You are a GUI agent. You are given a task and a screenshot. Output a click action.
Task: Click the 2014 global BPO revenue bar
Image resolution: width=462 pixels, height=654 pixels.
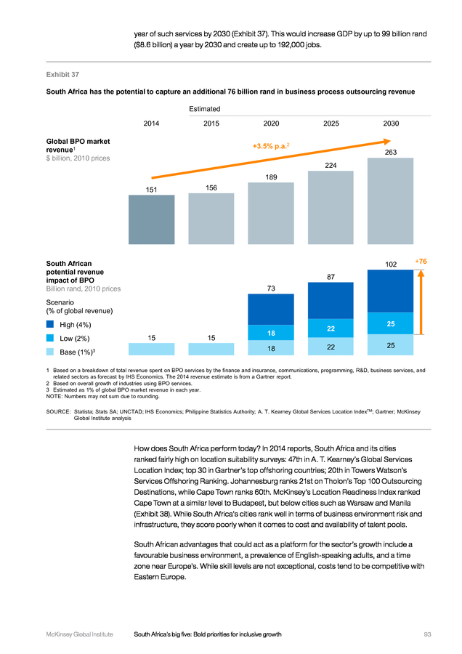coord(151,219)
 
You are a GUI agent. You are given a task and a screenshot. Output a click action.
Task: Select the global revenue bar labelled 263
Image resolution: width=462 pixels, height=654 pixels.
coord(390,201)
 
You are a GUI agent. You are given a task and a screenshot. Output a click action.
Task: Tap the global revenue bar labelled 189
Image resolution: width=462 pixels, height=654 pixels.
coord(271,213)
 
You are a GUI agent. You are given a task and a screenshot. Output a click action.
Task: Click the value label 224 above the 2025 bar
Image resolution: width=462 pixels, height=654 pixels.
coord(331,165)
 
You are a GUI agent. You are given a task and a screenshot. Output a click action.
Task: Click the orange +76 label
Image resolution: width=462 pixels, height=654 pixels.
coord(421,262)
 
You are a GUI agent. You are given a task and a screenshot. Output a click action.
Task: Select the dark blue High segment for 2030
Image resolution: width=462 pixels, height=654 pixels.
coord(390,291)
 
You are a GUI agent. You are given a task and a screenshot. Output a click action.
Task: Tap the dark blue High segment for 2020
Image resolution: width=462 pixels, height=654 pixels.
coord(271,310)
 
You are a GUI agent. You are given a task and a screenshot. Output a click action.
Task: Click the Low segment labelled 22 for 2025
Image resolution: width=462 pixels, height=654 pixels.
coord(331,328)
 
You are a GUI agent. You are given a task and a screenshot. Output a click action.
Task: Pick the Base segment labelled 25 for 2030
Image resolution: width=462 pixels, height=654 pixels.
coord(390,345)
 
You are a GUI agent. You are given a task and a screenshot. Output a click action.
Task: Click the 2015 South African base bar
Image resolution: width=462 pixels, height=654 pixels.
coord(211,349)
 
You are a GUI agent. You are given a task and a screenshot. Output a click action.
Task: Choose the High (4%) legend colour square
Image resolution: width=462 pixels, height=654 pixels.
coord(50,324)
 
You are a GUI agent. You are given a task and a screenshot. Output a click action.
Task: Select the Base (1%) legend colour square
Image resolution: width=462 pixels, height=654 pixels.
coord(50,352)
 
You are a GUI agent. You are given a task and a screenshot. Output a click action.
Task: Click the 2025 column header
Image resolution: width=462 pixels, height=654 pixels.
coord(331,124)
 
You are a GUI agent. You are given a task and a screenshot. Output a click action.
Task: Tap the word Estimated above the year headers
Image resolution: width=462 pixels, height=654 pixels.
coord(204,109)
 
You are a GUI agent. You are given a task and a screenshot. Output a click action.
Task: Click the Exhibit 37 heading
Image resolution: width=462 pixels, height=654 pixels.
coord(62,75)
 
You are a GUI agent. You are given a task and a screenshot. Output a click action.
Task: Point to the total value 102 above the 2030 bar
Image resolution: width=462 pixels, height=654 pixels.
coord(391,265)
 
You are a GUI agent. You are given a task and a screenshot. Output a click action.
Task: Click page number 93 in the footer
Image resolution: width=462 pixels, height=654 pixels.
coord(427,634)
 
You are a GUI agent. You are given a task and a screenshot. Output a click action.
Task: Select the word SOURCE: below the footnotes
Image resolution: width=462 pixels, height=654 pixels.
coord(58,412)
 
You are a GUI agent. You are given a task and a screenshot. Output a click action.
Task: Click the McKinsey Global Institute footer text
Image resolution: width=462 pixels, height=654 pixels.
coord(80,634)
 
